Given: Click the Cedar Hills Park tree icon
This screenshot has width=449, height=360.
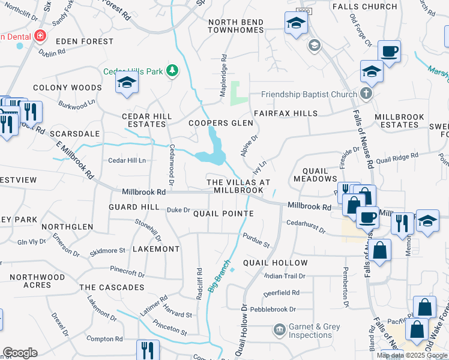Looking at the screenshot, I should click(173, 71).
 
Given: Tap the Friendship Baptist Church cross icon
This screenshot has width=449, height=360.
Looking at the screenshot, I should click(366, 94).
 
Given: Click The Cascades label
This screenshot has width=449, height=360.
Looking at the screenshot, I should click(112, 287).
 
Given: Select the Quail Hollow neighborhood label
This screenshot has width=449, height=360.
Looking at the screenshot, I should click(275, 263).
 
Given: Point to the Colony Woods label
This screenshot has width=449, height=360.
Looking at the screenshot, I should click(67, 88).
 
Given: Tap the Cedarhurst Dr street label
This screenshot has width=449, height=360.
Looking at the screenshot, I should click(306, 226).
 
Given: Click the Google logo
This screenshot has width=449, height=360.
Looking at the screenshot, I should click(20, 353).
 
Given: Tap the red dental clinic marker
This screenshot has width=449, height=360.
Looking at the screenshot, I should click(40, 36).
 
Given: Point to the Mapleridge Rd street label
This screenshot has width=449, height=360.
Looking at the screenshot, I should click(223, 71).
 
